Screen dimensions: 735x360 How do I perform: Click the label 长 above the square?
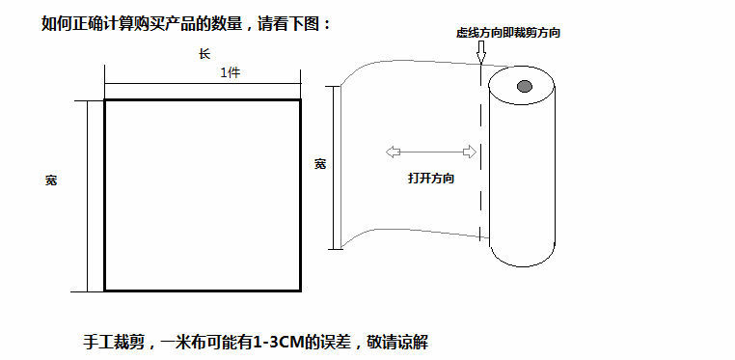tap(204, 55)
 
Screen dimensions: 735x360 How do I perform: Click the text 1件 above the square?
tap(231, 73)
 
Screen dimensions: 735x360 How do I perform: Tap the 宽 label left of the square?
tap(51, 180)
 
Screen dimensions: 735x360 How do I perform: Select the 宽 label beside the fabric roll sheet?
tap(320, 164)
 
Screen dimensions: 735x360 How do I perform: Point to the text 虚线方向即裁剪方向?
tap(508, 33)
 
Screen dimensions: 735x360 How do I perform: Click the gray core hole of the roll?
tap(524, 88)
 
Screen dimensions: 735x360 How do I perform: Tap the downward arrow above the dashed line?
tap(479, 55)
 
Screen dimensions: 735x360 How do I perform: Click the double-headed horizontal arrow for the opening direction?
tap(430, 152)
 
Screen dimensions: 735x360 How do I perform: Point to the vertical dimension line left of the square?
tap(88, 193)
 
